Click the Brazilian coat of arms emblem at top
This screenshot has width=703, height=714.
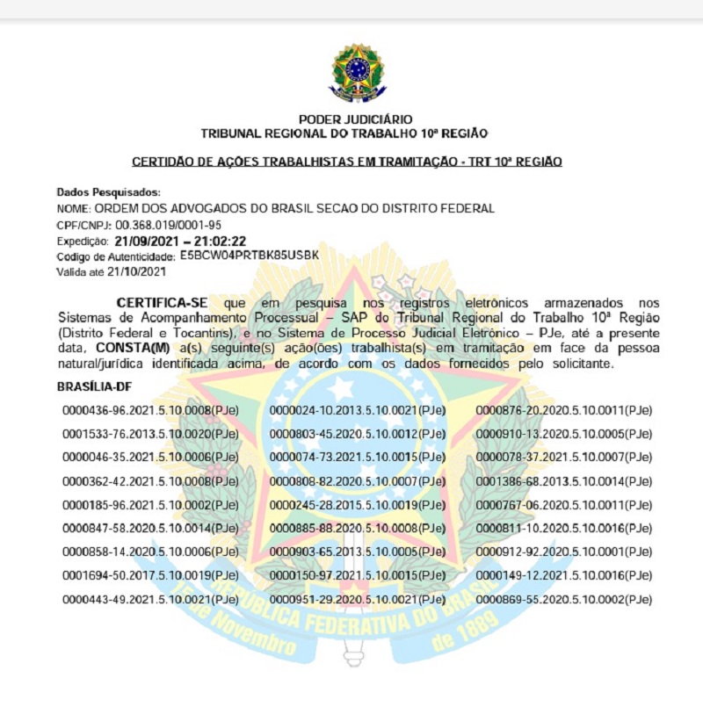pos(356,73)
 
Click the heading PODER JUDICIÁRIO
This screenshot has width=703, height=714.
pos(355,119)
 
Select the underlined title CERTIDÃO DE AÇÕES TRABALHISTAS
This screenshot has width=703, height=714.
pos(346,162)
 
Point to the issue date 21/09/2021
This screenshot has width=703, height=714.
pos(143,241)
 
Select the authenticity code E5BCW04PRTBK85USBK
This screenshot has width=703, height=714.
pos(249,256)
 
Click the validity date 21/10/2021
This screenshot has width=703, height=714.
pos(141,272)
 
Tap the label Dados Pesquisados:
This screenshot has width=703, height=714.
pos(109,191)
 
